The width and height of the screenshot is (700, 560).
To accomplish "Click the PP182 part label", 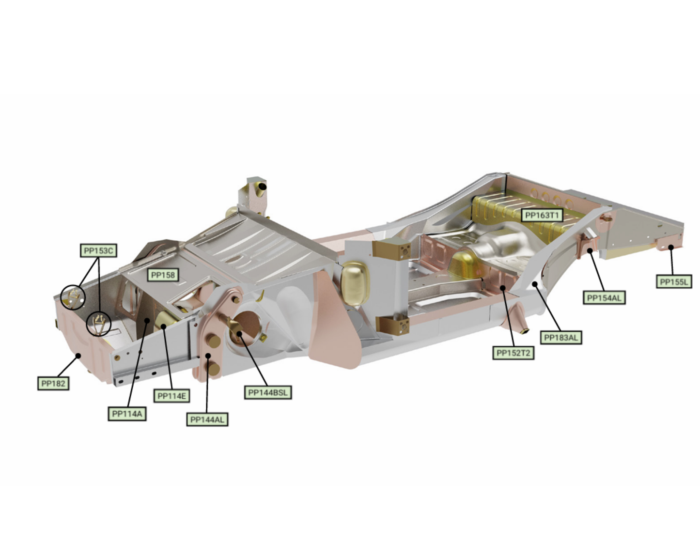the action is point(53,383).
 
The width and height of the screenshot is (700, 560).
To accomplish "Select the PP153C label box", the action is point(98,250).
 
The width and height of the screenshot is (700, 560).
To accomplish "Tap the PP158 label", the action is point(163,275).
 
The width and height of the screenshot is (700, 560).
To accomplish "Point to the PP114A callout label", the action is point(127,414).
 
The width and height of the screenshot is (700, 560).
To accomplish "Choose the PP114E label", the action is point(171,396).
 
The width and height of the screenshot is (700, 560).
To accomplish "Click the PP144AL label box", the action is point(207,420).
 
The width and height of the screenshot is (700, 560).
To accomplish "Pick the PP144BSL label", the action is point(268,392).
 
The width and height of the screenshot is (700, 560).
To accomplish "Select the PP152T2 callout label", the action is point(513,353).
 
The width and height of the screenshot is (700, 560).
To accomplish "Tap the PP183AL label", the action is point(561,338).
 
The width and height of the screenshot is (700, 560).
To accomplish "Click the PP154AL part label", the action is point(604,298).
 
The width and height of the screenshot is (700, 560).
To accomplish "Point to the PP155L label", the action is point(674,281).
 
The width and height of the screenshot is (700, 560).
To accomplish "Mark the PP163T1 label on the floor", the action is point(542,216).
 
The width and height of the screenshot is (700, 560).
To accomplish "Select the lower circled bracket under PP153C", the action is point(98,324).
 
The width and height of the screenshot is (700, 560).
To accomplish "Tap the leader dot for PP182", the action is point(78,356).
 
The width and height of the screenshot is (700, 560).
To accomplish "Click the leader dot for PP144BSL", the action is point(239,333).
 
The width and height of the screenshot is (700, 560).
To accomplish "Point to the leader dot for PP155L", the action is point(671,247).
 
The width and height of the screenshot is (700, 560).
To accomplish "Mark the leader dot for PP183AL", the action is point(535,284).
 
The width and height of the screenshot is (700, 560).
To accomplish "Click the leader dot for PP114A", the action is point(147,321).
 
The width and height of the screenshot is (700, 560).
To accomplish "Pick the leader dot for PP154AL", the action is point(590,250).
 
